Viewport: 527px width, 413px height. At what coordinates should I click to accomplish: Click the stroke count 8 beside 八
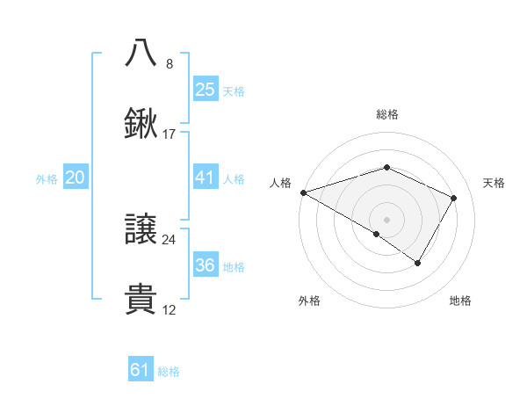pos(170,63)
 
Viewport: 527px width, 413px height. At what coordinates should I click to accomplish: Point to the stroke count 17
pos(170,134)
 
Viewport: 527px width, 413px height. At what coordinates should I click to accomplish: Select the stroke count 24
pos(170,239)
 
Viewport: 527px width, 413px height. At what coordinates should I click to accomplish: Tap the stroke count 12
pos(170,310)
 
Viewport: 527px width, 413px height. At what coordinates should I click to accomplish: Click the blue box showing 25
pos(205,90)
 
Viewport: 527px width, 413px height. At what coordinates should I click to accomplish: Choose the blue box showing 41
pos(205,178)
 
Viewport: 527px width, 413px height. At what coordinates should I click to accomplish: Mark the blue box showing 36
pos(205,265)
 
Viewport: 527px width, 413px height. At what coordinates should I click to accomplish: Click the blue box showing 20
pos(75,178)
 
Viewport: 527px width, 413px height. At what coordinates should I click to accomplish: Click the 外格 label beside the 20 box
pos(47,179)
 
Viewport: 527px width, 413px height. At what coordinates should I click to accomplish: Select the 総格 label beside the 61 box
pos(169,372)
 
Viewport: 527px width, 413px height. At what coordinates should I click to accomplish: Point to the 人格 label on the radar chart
pos(280,183)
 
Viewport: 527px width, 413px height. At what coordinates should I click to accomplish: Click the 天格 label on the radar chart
pos(494,183)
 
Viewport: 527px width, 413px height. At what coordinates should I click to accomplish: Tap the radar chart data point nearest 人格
pos(303,192)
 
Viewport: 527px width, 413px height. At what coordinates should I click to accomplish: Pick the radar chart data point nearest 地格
pos(418,263)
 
